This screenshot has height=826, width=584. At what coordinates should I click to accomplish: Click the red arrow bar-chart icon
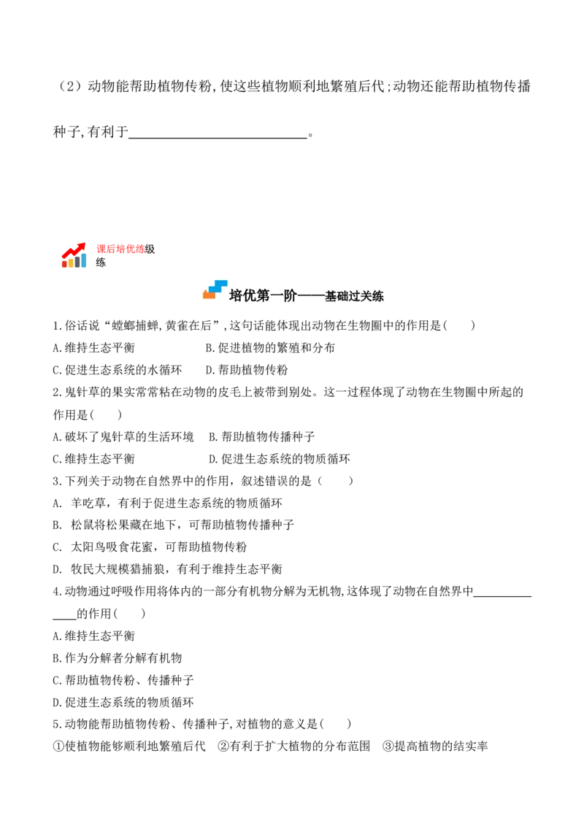click(x=74, y=255)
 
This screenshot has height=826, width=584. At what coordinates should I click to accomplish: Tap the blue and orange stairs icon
click(x=215, y=290)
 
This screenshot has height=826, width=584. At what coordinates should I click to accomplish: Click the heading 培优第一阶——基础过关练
click(x=306, y=296)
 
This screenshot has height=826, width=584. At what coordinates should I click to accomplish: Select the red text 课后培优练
click(x=120, y=249)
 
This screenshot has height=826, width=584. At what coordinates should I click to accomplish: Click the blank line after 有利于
click(x=218, y=137)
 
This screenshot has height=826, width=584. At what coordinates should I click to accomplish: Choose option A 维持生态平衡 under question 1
click(x=94, y=347)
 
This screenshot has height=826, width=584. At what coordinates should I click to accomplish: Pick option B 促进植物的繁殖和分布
click(x=270, y=347)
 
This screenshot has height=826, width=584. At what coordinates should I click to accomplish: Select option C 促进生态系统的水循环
click(x=118, y=370)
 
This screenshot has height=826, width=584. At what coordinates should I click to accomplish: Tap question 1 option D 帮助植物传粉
click(x=247, y=370)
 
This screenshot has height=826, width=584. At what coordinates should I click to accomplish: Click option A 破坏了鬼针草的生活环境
click(x=123, y=436)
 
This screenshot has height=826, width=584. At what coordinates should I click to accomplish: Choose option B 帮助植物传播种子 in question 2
click(x=262, y=436)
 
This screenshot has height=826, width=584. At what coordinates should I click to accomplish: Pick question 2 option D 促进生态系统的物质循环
click(x=280, y=459)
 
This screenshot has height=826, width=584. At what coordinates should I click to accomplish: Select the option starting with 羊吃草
click(x=168, y=503)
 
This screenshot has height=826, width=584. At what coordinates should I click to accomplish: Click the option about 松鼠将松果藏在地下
click(x=174, y=525)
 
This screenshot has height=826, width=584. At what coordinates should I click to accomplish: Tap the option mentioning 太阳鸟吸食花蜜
click(x=150, y=547)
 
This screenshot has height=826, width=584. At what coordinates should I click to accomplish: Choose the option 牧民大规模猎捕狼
click(x=168, y=569)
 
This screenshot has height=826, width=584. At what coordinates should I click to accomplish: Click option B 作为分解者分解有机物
click(x=118, y=658)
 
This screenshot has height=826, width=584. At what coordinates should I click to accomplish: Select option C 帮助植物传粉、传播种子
click(x=123, y=680)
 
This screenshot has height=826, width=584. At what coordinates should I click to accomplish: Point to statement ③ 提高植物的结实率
click(x=435, y=746)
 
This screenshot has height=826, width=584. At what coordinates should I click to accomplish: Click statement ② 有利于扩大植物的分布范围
click(x=294, y=746)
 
